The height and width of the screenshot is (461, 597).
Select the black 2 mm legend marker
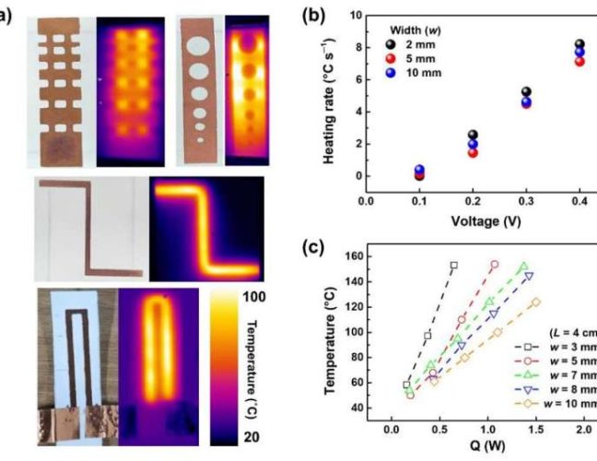coord(392,45)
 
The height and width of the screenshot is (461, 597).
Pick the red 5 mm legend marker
coord(392,59)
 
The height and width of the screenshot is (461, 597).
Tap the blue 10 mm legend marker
coord(392,73)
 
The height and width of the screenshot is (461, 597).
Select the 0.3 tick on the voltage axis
coord(526,200)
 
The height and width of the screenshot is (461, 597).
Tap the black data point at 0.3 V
coord(527,93)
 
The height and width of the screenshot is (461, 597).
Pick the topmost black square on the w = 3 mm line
coord(453,266)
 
